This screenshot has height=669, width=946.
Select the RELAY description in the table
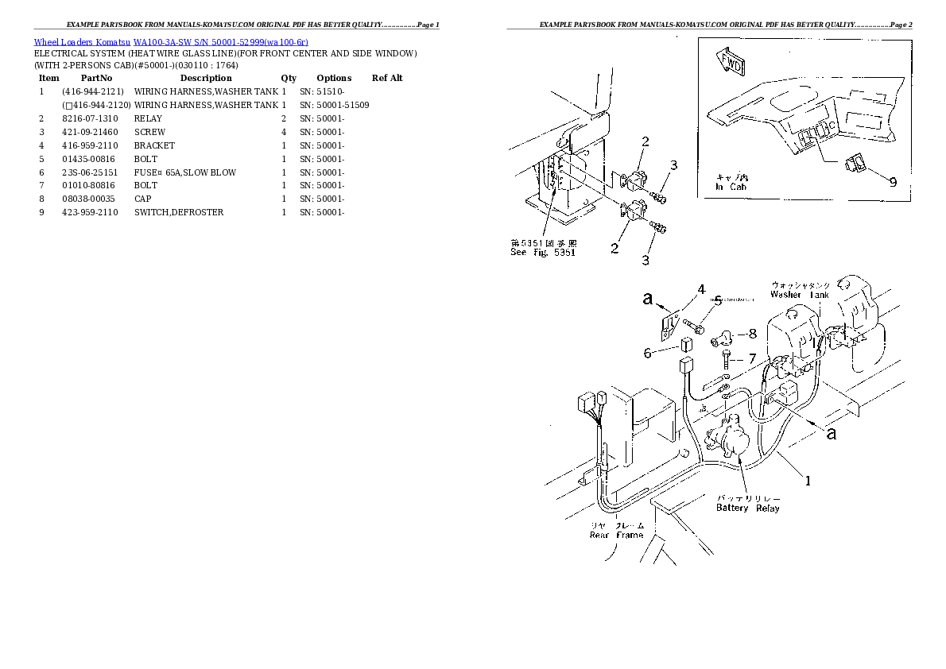pos(148,118)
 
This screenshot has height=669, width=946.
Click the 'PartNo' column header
pos(96,78)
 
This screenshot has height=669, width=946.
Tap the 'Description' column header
pos(205,78)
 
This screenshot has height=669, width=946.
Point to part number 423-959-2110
pos(90,212)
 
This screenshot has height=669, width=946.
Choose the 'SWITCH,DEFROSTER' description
pos(178,212)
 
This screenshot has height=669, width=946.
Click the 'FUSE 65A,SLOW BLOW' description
pos(184,172)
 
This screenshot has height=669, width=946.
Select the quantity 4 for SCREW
pos(284,132)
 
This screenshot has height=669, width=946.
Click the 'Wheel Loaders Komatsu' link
pos(81,41)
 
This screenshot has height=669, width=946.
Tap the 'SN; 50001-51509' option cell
pos(334,105)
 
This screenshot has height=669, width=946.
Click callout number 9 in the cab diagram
pos(893,181)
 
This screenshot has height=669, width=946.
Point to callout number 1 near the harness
pos(808,480)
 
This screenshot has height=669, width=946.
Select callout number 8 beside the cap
pos(752,334)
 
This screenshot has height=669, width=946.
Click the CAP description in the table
pos(143,199)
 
